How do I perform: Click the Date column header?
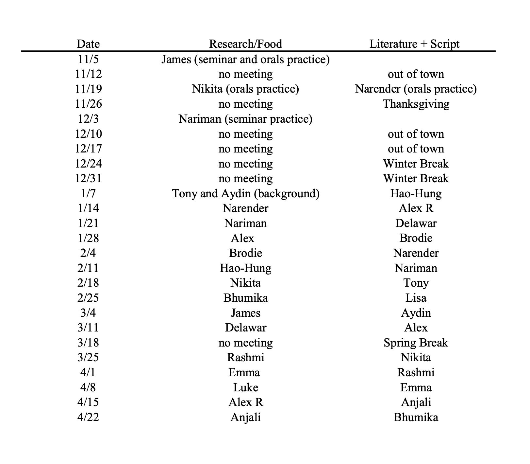pos(88,44)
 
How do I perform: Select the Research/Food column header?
pos(245,44)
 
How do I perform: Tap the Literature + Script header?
pos(414,44)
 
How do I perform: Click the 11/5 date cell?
pos(88,59)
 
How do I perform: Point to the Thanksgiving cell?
pos(416,104)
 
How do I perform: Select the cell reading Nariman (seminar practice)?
pos(245,119)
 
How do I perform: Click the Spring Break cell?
pos(416,343)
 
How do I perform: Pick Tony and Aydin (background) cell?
pos(245,193)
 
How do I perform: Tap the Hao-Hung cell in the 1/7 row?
pos(416,193)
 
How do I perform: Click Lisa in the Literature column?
pos(416,298)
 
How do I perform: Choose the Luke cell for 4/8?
pos(245,387)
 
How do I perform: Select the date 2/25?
pos(88,298)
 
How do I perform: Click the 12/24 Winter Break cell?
pos(416,164)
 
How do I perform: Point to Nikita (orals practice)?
pos(245,89)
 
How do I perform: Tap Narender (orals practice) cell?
pos(416,89)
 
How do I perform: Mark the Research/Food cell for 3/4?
pos(245,313)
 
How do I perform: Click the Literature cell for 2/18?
pos(416,283)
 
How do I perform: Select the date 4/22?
pos(88,417)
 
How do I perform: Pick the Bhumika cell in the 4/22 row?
pos(416,417)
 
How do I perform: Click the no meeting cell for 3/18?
pos(245,343)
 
